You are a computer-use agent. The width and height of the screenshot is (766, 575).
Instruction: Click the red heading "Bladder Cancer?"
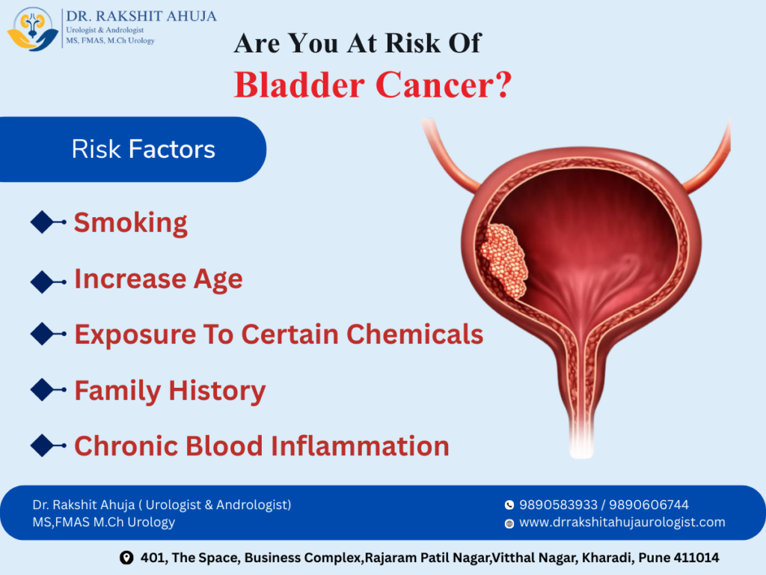(x=373, y=85)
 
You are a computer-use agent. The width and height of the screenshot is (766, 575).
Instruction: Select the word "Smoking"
(x=130, y=222)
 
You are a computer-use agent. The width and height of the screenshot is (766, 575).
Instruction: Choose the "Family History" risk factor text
(x=170, y=390)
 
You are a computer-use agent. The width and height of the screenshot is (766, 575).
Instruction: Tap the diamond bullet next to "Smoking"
(x=47, y=222)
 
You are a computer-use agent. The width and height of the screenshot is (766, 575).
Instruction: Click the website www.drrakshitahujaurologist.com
(x=622, y=523)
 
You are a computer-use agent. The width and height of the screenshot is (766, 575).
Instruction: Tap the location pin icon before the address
(x=126, y=558)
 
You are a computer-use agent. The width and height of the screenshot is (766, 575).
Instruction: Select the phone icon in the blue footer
(x=509, y=505)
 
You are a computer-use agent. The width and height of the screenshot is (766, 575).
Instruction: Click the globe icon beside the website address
(x=509, y=523)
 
